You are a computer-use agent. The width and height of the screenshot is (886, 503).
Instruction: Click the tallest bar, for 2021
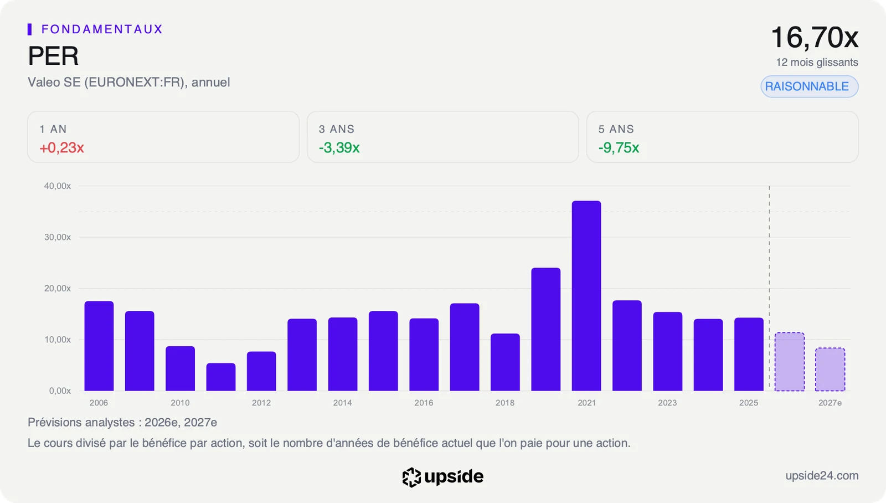[586, 296]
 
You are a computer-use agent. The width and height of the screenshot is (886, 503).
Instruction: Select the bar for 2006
[99, 346]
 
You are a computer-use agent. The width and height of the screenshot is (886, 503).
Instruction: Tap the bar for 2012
[261, 371]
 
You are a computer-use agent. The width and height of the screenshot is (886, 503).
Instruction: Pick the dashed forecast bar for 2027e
[830, 369]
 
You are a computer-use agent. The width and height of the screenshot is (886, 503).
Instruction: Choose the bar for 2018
[505, 362]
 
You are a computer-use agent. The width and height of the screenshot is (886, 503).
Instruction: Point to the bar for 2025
[749, 354]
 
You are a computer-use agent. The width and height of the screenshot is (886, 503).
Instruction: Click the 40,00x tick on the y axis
[58, 186]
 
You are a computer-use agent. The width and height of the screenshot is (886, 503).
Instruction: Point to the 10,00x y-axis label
[58, 340]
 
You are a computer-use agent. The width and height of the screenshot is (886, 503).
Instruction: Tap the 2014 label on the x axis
[343, 403]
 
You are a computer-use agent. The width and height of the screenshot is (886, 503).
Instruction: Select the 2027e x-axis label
[830, 403]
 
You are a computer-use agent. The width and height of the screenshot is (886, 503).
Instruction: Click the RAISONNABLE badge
[809, 86]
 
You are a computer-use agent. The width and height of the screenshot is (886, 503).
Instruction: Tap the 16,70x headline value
[815, 38]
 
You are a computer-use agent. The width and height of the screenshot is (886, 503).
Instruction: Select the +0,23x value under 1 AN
[61, 147]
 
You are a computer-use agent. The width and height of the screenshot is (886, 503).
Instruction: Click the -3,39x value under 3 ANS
[339, 147]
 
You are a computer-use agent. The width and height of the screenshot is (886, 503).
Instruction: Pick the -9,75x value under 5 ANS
[619, 147]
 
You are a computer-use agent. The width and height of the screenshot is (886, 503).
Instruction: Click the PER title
[53, 56]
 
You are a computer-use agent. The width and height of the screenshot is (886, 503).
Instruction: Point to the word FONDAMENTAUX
[102, 29]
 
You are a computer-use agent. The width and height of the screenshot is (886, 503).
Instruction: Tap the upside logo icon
[411, 477]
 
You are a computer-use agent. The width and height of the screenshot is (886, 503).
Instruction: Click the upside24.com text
[822, 476]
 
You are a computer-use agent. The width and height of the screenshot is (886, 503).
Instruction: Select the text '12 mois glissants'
[817, 62]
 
